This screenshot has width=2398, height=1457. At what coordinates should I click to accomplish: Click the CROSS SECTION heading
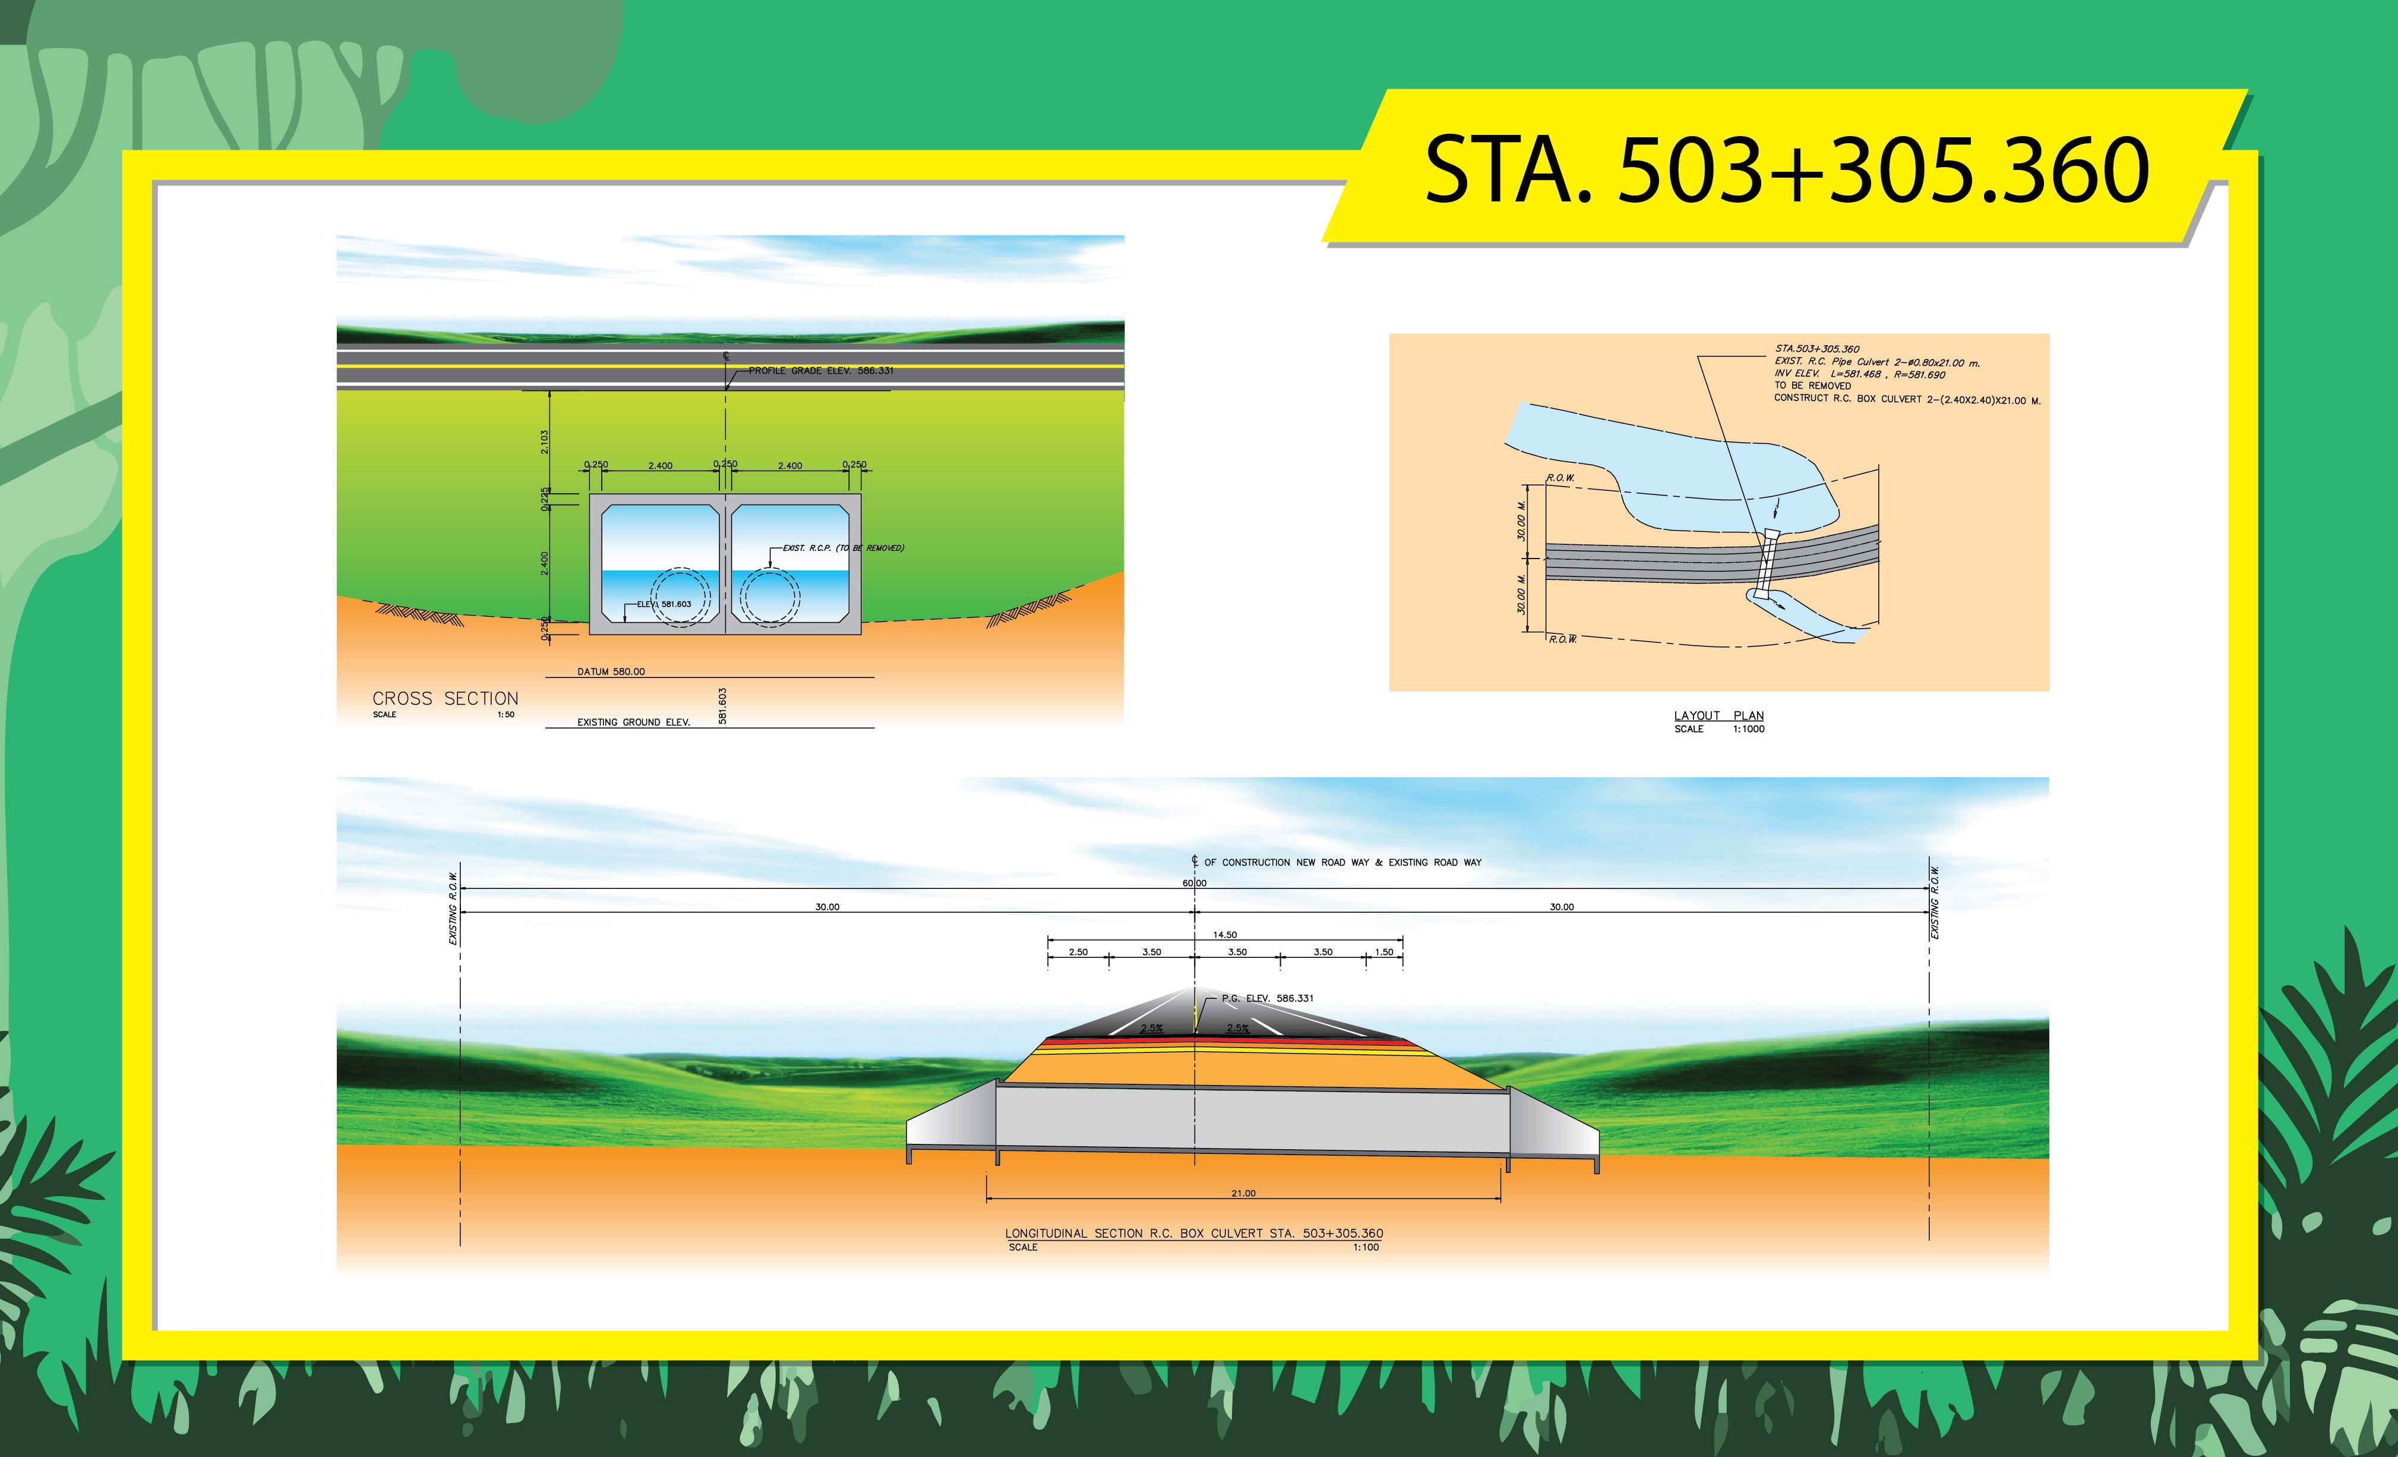pyautogui.click(x=446, y=699)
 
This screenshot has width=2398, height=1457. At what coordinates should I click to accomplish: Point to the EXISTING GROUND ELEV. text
pyautogui.click(x=634, y=722)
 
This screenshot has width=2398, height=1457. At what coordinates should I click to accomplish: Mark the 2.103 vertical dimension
pyautogui.click(x=545, y=442)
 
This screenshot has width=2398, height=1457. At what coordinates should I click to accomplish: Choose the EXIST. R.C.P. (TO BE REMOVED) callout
pyautogui.click(x=843, y=548)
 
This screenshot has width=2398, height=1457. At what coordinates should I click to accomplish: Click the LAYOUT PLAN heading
pyautogui.click(x=1718, y=715)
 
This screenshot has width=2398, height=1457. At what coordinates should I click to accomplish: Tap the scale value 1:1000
pyautogui.click(x=1748, y=729)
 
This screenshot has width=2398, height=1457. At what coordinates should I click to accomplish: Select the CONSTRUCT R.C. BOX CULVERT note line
pyautogui.click(x=1907, y=399)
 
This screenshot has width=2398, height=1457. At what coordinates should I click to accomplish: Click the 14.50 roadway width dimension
pyautogui.click(x=1225, y=934)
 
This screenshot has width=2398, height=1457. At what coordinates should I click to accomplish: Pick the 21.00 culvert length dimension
pyautogui.click(x=1244, y=1193)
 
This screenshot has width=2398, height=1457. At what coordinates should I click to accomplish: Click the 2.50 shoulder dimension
pyautogui.click(x=1078, y=952)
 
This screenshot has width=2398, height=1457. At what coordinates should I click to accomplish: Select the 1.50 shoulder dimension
pyautogui.click(x=1384, y=952)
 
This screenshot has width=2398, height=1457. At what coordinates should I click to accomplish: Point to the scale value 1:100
pyautogui.click(x=1366, y=1247)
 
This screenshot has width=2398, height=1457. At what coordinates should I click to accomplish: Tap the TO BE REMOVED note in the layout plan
pyautogui.click(x=1812, y=386)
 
